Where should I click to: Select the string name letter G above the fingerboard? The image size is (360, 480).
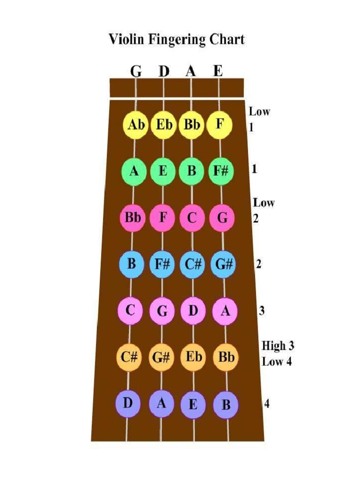pos(135,71)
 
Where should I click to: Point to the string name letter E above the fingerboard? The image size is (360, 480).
pos(218,71)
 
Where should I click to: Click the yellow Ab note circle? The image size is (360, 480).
pos(135,126)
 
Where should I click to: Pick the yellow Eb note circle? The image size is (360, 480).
pos(163,126)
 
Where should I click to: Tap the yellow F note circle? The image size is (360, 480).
pos(219,125)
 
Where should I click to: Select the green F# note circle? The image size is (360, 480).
pos(220,171)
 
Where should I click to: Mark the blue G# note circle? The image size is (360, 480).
pos(223,264)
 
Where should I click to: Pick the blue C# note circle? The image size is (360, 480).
pos(192,264)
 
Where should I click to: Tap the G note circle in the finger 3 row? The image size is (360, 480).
pos(162,311)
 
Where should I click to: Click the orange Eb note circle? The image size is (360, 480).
pos(193,357)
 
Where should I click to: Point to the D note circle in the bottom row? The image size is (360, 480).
pos(127,403)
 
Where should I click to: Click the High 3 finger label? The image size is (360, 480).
pos(277,346)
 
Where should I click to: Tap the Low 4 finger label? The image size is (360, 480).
pos(277,362)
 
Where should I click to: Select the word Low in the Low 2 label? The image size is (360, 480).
pos(264,203)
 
